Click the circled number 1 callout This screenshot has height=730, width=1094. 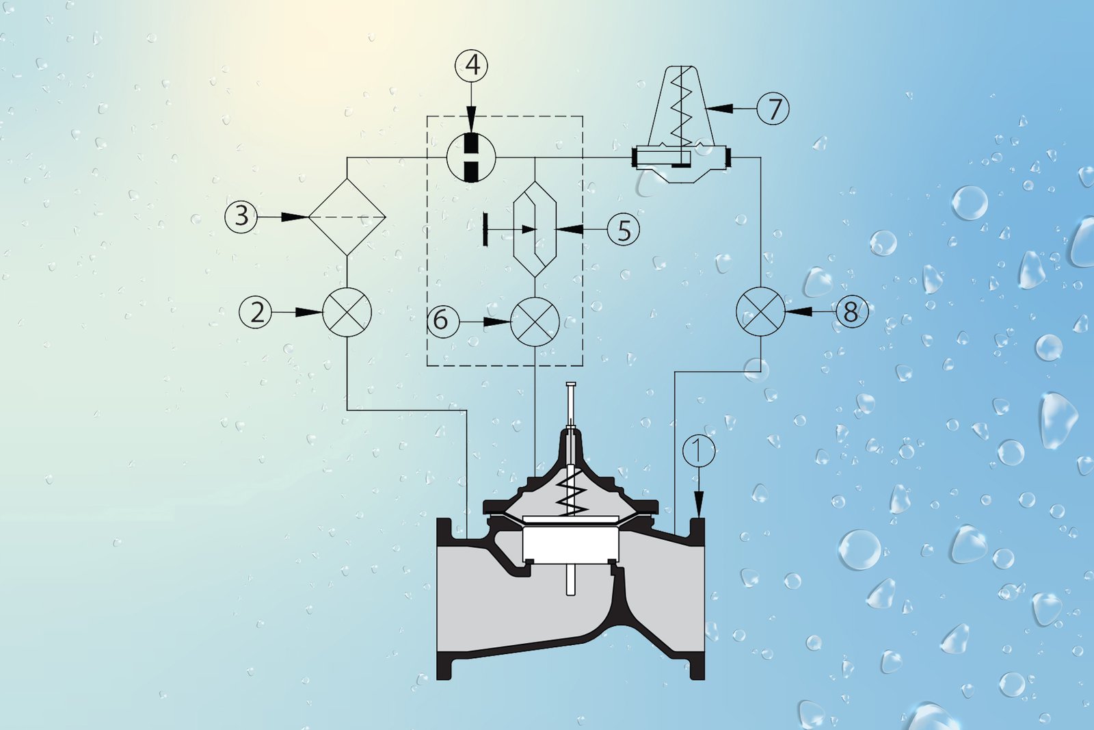point(699,450)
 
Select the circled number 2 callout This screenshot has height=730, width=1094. point(256,312)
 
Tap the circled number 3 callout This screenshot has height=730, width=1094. point(241,216)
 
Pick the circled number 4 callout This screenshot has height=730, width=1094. point(471,66)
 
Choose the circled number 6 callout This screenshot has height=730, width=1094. point(443,321)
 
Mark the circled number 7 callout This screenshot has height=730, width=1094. point(773,108)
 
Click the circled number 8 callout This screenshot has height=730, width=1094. point(852,311)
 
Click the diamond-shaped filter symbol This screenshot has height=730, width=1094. point(347,216)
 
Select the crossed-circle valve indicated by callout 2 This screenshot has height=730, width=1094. point(347,312)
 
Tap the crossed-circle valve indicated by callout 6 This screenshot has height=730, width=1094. point(535,322)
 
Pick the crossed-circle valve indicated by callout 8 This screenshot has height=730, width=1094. point(760,312)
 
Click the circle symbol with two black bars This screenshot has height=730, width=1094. point(471,157)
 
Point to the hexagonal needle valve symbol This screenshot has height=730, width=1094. point(535,229)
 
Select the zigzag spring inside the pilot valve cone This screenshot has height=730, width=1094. point(681,110)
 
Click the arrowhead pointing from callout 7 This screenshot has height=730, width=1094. point(719,108)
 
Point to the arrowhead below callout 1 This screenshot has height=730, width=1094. point(699,505)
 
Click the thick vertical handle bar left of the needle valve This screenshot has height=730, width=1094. point(485,229)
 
